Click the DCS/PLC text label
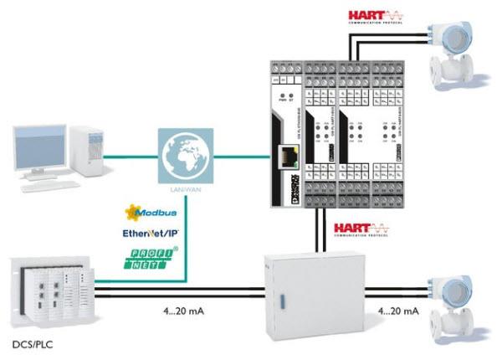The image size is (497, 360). tap(29, 344)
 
